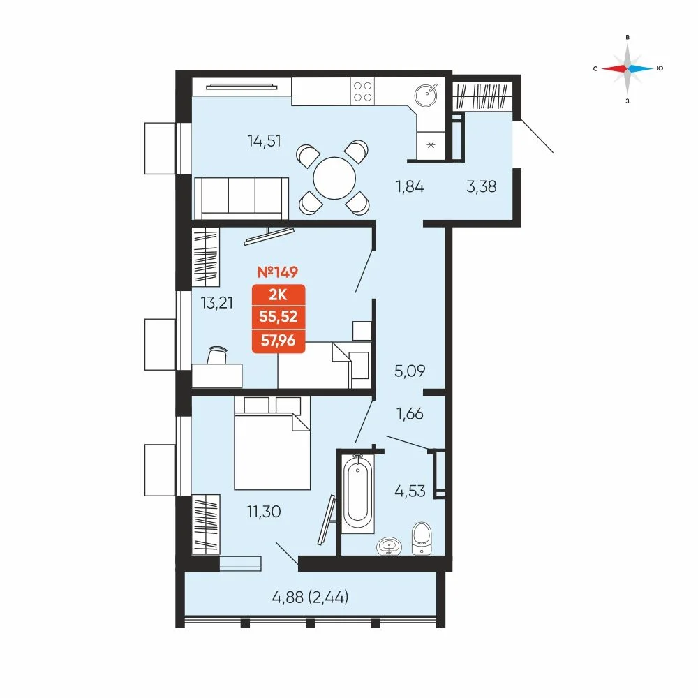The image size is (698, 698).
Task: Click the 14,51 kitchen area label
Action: tap(264, 141)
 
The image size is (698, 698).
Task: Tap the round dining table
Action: tap(334, 178)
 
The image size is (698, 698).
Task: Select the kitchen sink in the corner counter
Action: tap(426, 95)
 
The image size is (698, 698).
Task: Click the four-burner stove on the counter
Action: tap(362, 91)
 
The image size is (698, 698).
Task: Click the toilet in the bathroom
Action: tap(421, 538)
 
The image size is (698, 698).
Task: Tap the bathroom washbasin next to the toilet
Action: tap(389, 547)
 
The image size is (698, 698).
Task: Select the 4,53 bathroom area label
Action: tap(410, 491)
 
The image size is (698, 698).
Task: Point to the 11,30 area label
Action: tap(264, 512)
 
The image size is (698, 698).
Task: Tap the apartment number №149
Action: tap(278, 272)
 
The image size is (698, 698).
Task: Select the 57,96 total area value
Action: tap(279, 341)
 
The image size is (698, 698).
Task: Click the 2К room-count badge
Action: tap(279, 295)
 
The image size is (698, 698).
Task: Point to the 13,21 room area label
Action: tap(217, 303)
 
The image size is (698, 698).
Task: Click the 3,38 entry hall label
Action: tap(481, 186)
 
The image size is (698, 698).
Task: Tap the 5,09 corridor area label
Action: tap(410, 371)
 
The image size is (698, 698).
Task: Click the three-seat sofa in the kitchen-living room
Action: tap(241, 198)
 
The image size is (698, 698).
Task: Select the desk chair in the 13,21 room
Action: tap(217, 356)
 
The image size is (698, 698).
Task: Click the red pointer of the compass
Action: tap(614, 68)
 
